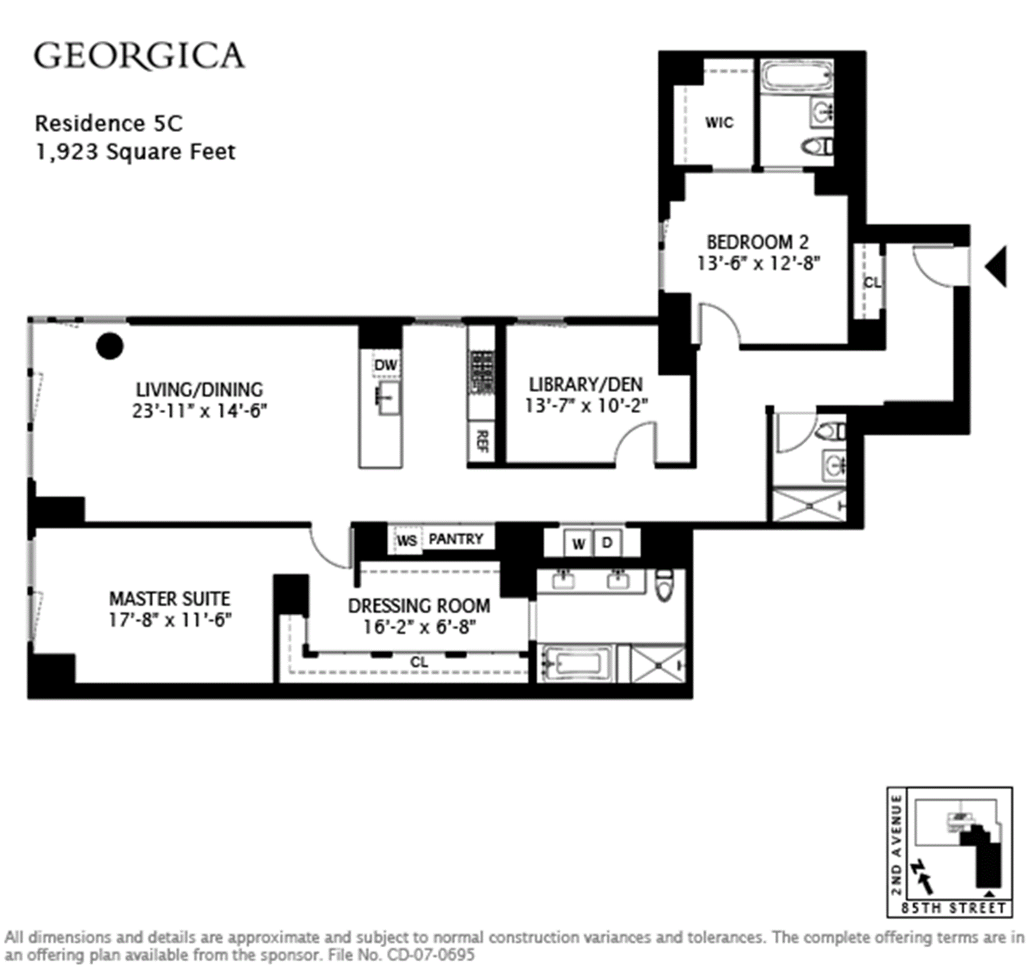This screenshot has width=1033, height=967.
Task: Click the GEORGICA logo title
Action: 139,57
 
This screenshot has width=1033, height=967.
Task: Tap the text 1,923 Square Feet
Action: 136,152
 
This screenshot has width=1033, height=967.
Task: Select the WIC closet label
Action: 719,123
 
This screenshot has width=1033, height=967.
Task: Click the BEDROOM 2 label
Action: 758,242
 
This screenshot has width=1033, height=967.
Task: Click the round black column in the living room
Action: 110,346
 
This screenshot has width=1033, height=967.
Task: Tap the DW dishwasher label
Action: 385,365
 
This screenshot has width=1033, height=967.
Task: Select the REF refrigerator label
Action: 482,441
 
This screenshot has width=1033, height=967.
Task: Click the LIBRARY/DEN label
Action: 585,384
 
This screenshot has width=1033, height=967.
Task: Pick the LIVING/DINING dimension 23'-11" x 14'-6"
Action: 200,411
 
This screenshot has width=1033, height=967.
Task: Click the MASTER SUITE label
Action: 169,599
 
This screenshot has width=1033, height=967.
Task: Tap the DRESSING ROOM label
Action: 419,606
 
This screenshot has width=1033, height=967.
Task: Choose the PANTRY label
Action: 456,539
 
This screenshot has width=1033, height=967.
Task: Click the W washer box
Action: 578,543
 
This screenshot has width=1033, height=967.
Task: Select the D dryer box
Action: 607,543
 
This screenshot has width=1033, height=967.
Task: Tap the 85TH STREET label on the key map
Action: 953,908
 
